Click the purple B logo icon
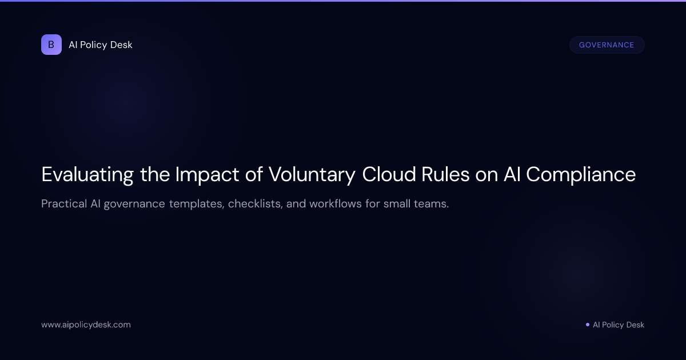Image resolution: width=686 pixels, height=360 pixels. coord(51,45)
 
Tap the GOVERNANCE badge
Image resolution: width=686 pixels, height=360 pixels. coord(607,45)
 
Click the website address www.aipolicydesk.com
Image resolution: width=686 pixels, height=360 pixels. coord(86,325)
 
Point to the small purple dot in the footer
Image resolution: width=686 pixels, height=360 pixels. coord(588,325)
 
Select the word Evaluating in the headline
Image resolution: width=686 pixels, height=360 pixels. coord(87,174)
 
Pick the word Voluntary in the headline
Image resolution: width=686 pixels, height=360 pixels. coord(312,174)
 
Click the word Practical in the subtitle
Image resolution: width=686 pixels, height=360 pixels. coord(63,204)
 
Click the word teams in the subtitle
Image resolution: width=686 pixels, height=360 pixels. coord(432,204)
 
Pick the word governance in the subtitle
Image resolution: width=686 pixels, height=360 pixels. coord(135,204)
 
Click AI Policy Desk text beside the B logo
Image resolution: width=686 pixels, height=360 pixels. coord(101,45)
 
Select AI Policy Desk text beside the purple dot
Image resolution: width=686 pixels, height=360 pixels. coord(619,325)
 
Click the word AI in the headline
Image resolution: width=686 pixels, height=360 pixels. coord(512,174)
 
